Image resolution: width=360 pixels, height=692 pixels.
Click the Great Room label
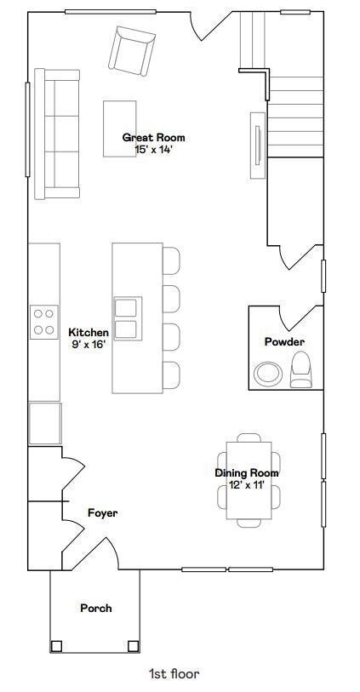pos(153,137)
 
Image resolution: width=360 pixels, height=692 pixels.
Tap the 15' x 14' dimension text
pos(153,149)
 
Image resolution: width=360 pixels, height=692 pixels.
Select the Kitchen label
pos(89,332)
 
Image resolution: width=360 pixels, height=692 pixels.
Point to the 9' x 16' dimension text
pos(89,344)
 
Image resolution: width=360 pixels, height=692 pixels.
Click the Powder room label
pos(284,342)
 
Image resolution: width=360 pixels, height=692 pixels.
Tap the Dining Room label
pos(246,473)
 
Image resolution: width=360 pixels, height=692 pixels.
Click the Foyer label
pos(102,513)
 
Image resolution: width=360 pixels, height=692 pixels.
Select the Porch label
pos(96,608)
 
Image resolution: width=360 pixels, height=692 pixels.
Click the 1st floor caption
pos(174,674)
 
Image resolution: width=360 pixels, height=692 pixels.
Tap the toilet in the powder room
pos(302,370)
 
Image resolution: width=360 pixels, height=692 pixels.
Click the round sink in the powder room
pos(269,374)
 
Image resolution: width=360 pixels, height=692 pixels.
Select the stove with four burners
pos(43,322)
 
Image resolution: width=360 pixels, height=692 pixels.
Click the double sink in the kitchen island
pos(126,317)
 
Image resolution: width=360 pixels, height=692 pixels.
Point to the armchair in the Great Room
pos(131,49)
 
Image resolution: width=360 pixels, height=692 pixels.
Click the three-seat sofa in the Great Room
pos(56,134)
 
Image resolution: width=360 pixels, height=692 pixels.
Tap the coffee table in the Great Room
pos(121,129)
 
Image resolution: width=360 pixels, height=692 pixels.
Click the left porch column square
pos(56,645)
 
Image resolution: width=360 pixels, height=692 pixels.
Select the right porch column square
pos(133,645)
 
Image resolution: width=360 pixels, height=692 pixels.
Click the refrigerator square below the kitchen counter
pos(45,423)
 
